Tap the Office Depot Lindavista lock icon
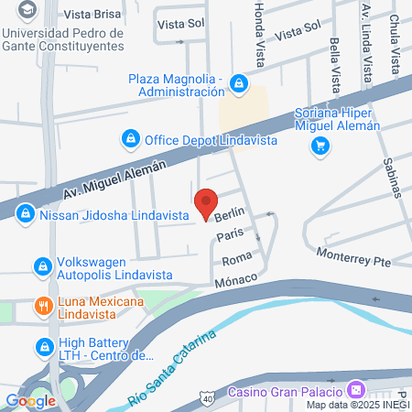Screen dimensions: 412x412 (130, 139)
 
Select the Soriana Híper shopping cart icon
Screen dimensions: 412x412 (320, 146)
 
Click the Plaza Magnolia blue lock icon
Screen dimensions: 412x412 (238, 84)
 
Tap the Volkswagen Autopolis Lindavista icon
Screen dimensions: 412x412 (41, 266)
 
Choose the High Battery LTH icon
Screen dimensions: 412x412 (42, 347)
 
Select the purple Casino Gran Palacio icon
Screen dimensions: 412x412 (356, 389)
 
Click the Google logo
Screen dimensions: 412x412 (30, 400)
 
